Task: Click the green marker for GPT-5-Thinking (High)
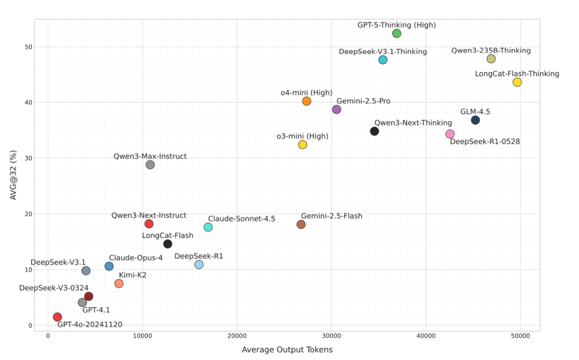click(x=397, y=34)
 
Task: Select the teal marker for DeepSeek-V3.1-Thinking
click(x=383, y=60)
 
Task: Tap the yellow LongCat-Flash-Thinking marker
click(x=517, y=82)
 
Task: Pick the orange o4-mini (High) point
click(x=307, y=101)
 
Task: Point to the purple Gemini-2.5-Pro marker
click(x=337, y=109)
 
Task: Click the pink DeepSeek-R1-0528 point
click(x=450, y=134)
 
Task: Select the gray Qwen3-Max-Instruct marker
click(x=150, y=164)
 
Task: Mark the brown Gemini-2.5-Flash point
click(x=301, y=224)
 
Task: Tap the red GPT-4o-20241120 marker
click(x=57, y=317)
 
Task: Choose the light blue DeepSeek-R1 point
click(x=199, y=265)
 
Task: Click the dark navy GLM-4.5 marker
click(x=476, y=120)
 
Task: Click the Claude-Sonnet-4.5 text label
click(x=241, y=219)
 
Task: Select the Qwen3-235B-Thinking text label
click(x=491, y=50)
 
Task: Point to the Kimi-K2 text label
click(x=132, y=275)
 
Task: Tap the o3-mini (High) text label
click(x=302, y=136)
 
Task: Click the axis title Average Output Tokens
click(x=287, y=350)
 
